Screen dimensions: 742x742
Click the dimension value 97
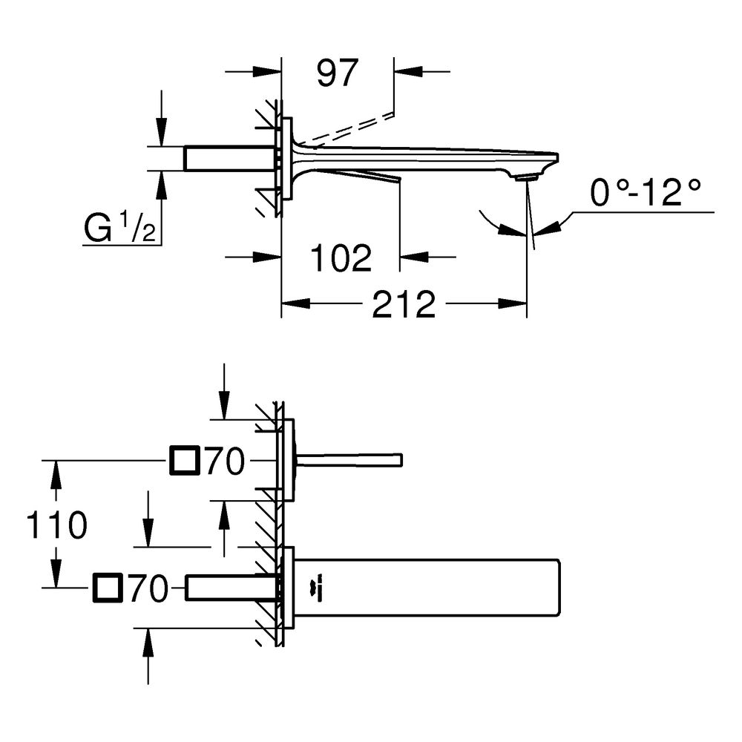coord(337,73)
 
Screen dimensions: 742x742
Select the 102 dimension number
coord(341,258)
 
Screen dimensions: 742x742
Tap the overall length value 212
coord(404,304)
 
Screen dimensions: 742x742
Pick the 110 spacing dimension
coord(57,525)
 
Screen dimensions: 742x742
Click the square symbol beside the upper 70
coord(183,460)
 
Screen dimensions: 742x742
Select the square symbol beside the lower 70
coord(108,588)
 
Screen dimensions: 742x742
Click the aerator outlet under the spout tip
coord(526,178)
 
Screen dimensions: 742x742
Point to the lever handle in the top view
coord(349,460)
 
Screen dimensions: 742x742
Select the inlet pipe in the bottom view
coord(231,588)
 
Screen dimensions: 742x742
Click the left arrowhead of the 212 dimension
coord(296,303)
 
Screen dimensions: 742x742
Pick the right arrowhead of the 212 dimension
coord(513,303)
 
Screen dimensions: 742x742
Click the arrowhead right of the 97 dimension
coord(408,71)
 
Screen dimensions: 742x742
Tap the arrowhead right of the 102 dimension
coord(414,257)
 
